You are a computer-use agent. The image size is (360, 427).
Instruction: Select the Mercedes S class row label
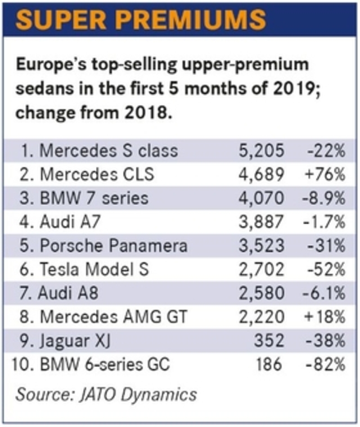(100, 150)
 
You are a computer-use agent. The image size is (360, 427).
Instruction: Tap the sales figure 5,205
(261, 150)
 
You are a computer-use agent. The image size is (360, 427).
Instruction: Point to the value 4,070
(261, 198)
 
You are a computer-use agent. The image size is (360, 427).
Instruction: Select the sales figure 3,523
(261, 246)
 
